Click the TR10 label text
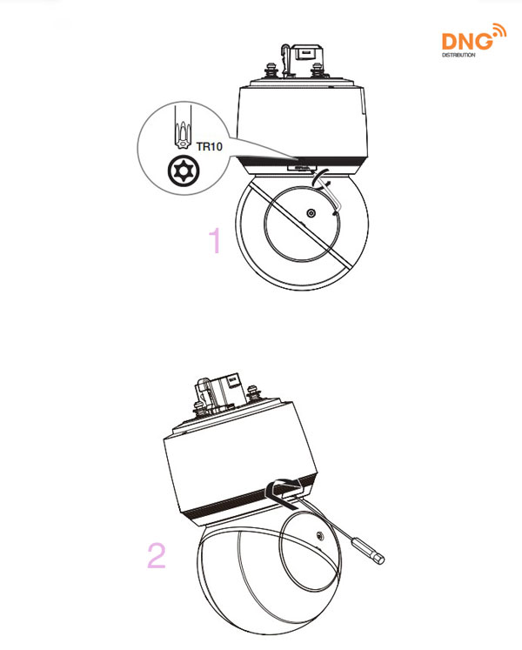[x=211, y=148]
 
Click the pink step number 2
[x=156, y=555]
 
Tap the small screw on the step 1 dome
[x=311, y=212]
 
